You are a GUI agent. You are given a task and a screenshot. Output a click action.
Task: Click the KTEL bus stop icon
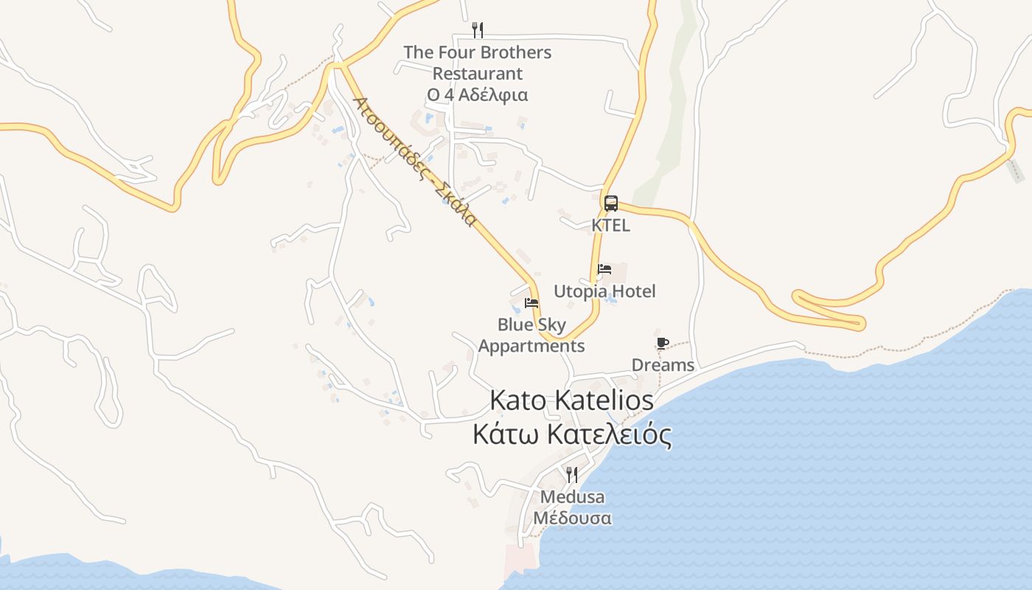611,203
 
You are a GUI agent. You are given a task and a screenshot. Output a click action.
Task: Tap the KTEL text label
611,225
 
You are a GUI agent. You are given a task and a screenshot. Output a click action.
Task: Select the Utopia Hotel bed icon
604,269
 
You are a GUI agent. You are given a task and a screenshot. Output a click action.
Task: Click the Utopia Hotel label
604,291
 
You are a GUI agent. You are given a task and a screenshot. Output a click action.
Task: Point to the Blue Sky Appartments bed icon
531,303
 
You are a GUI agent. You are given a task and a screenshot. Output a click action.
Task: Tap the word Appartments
531,346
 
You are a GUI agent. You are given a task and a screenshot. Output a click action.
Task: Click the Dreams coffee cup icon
662,343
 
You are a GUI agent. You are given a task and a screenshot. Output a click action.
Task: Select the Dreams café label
663,365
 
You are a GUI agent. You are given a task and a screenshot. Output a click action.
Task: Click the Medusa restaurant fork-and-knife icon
572,474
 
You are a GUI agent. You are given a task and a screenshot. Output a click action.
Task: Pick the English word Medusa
572,497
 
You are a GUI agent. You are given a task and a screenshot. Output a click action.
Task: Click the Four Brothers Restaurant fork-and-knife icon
478,29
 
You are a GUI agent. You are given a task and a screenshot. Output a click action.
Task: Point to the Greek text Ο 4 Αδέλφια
478,95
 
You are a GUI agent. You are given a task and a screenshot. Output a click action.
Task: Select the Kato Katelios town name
572,400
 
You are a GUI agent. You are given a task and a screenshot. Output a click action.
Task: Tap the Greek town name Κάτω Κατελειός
572,434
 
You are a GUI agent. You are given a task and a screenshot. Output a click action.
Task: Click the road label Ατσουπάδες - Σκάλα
414,162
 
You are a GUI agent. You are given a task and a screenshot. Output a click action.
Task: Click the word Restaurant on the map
478,74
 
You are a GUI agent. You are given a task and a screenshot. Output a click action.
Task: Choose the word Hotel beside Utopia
633,291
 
